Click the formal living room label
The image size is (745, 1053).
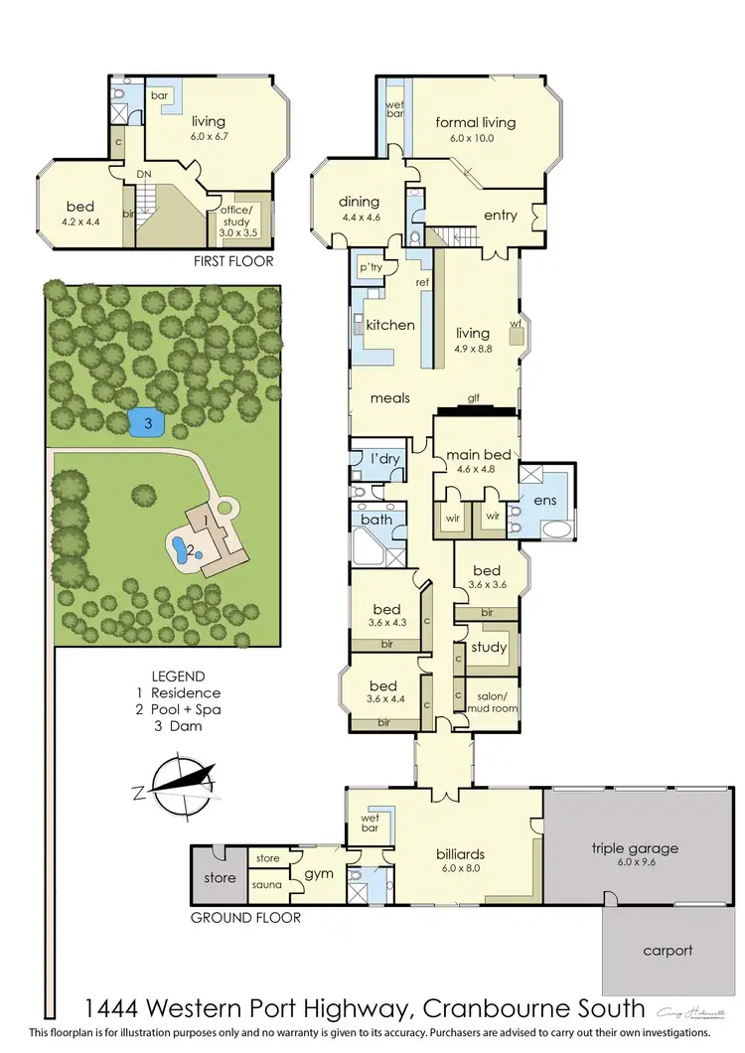coord(476,123)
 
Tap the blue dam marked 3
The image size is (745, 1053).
coord(147,422)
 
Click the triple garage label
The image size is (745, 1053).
coord(635,848)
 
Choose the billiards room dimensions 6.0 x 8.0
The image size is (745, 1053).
coord(465,867)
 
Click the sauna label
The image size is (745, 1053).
coord(265,884)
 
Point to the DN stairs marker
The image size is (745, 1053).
coord(145,175)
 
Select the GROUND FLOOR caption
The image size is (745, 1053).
coord(245,918)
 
